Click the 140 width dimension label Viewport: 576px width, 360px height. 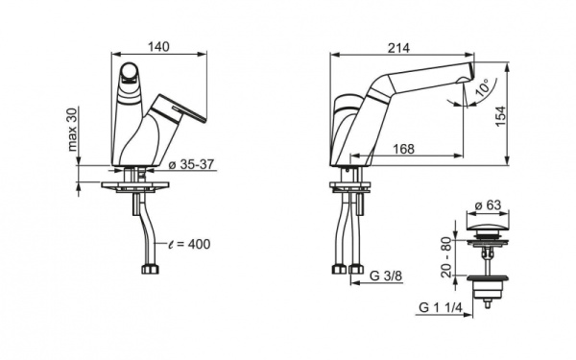coord(158,47)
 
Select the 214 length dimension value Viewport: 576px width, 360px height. coord(398,48)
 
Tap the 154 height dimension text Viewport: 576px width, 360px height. coord(500,116)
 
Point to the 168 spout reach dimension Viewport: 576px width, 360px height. coord(404,149)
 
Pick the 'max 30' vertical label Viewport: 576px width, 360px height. coord(74,130)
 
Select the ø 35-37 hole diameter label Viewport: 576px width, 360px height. coord(191,164)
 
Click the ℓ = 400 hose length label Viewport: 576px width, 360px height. coord(189,244)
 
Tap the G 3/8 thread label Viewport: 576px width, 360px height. coord(386,276)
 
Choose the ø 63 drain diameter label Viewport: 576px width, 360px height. coord(488,205)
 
